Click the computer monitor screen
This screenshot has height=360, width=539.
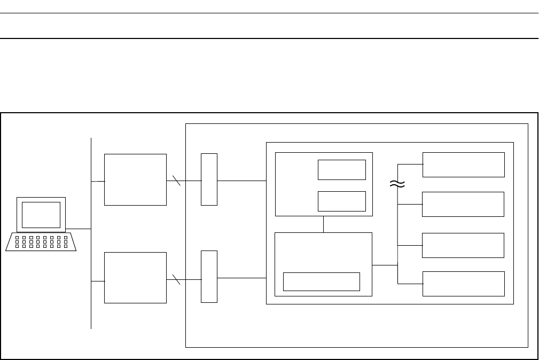pos(41,215)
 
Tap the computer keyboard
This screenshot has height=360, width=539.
pos(41,242)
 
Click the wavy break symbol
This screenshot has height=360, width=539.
pos(397,184)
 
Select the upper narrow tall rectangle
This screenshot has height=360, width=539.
pos(209,179)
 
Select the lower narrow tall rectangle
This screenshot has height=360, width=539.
pos(209,276)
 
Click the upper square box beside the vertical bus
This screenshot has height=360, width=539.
pos(135,179)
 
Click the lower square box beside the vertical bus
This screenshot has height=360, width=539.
pos(135,278)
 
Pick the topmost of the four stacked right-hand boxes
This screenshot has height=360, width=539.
pos(463,165)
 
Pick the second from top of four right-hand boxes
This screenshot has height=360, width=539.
pos(463,204)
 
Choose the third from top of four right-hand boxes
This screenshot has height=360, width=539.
pos(463,245)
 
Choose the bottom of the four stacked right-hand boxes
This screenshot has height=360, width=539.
pos(463,284)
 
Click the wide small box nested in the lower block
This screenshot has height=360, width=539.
pos(321,281)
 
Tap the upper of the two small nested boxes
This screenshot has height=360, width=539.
pos(342,169)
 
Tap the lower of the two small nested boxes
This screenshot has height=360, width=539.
pos(342,201)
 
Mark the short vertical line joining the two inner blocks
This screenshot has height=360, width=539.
pos(324,224)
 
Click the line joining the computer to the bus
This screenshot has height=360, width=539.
pos(79,229)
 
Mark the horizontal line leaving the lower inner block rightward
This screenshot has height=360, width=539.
pos(385,264)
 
